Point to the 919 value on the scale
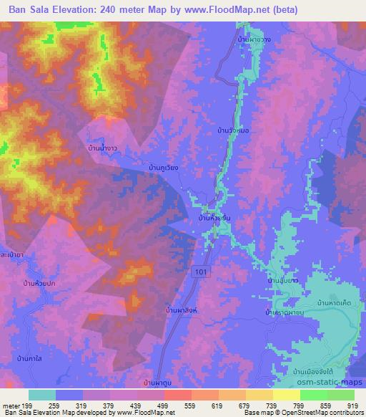tap(353, 406)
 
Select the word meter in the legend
tap(11, 406)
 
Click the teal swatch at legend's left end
tap(42, 395)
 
